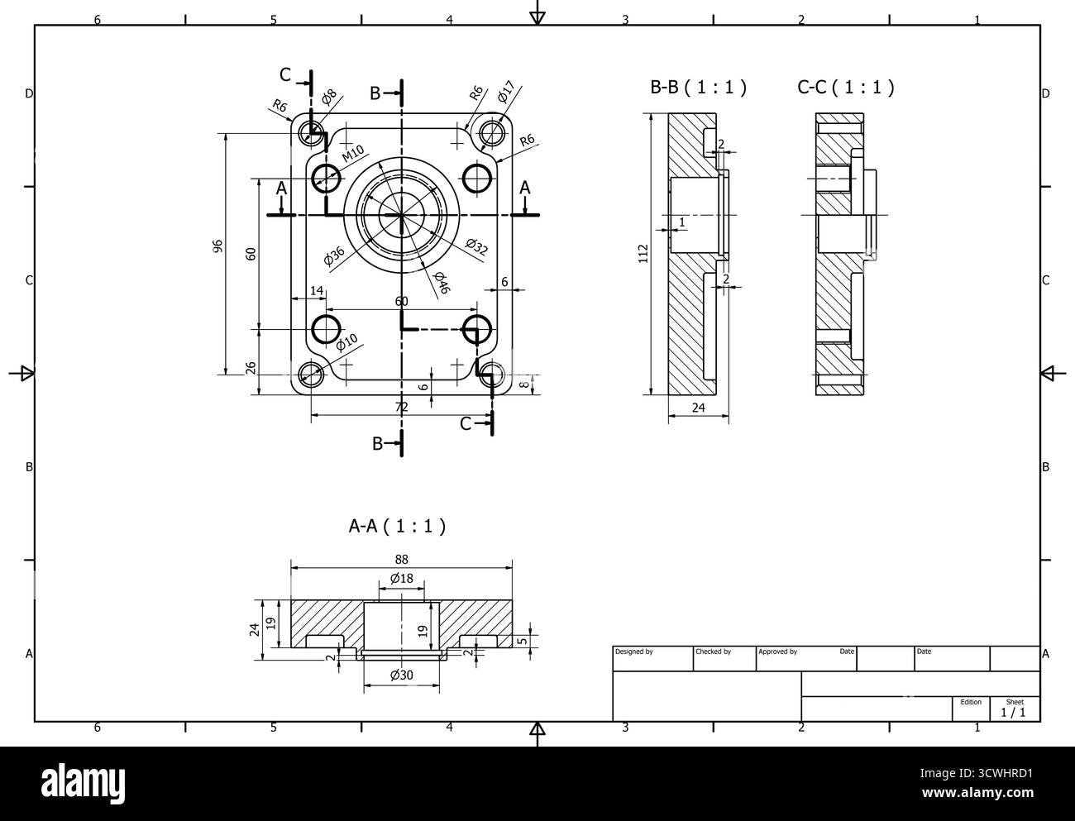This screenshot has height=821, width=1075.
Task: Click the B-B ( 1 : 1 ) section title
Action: click(x=699, y=87)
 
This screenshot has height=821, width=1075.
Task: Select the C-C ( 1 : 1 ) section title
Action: click(x=845, y=87)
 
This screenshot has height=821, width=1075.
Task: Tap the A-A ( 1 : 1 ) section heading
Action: click(x=397, y=525)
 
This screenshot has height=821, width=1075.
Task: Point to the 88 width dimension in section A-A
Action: click(x=402, y=559)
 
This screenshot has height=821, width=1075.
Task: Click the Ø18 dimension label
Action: click(x=401, y=578)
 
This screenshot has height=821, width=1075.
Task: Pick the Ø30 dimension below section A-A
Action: click(x=401, y=675)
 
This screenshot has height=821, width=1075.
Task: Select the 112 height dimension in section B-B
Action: click(x=643, y=254)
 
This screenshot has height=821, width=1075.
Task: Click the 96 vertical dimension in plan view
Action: click(x=217, y=246)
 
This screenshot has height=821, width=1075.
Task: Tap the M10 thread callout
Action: click(x=353, y=154)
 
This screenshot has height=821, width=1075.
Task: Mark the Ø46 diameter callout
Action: click(x=441, y=283)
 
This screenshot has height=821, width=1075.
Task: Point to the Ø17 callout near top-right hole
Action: click(x=506, y=92)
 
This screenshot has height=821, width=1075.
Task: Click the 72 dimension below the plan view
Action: click(x=401, y=407)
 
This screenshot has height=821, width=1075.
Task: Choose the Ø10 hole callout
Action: click(x=346, y=341)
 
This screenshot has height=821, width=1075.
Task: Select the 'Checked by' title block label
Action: click(x=714, y=652)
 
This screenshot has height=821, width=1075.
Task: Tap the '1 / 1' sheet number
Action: click(x=1014, y=712)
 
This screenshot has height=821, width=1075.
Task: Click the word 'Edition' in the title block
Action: click(x=971, y=702)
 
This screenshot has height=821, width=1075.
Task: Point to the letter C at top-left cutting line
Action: click(x=285, y=75)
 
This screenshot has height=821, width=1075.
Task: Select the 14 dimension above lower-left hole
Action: click(x=317, y=290)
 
